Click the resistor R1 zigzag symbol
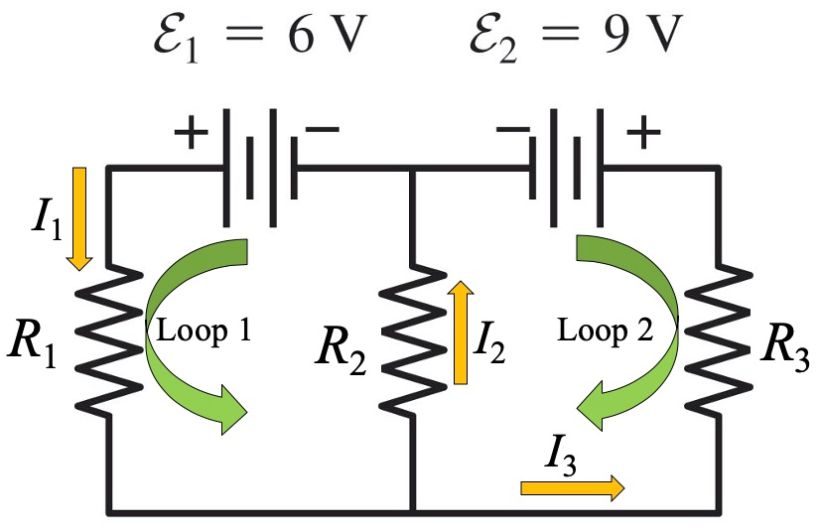(x=107, y=336)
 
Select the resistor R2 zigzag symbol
(x=411, y=336)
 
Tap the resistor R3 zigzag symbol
(x=714, y=336)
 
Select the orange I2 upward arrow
(x=460, y=332)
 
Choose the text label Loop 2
(x=604, y=331)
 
